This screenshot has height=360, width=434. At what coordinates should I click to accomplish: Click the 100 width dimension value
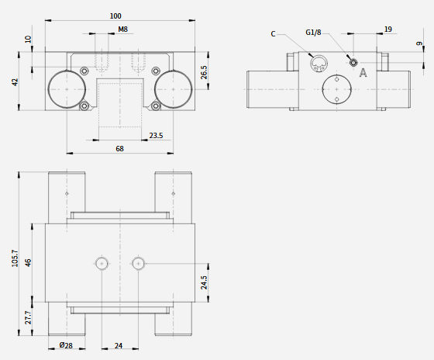pyautogui.click(x=115, y=16)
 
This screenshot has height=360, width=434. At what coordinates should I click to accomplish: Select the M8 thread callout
pyautogui.click(x=123, y=29)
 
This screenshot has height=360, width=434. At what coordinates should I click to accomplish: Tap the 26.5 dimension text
pyautogui.click(x=204, y=72)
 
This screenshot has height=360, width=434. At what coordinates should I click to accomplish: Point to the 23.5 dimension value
pyautogui.click(x=156, y=136)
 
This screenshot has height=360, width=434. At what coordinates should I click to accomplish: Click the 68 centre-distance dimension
pyautogui.click(x=119, y=149)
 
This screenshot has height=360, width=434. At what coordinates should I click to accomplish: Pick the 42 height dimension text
pyautogui.click(x=15, y=82)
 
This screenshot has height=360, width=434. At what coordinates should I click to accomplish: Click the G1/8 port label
pyautogui.click(x=313, y=33)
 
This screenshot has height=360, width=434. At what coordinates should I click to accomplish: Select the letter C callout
pyautogui.click(x=273, y=34)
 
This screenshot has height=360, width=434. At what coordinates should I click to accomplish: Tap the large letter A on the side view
pyautogui.click(x=363, y=73)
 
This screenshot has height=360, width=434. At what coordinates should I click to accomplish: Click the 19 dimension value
pyautogui.click(x=388, y=29)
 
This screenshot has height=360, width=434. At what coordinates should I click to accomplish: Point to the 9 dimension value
pyautogui.click(x=419, y=43)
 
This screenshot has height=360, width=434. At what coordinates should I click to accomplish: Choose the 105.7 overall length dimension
pyautogui.click(x=15, y=258)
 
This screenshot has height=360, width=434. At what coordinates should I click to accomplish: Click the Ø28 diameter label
pyautogui.click(x=66, y=345)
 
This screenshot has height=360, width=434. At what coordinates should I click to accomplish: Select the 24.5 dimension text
pyautogui.click(x=204, y=282)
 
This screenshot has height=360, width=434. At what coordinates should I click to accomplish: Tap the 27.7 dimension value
pyautogui.click(x=28, y=317)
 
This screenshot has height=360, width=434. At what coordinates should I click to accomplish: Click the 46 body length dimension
pyautogui.click(x=28, y=262)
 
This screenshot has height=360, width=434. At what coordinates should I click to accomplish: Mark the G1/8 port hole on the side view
pyautogui.click(x=353, y=63)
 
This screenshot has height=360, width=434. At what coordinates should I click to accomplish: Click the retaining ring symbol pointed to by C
pyautogui.click(x=319, y=63)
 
